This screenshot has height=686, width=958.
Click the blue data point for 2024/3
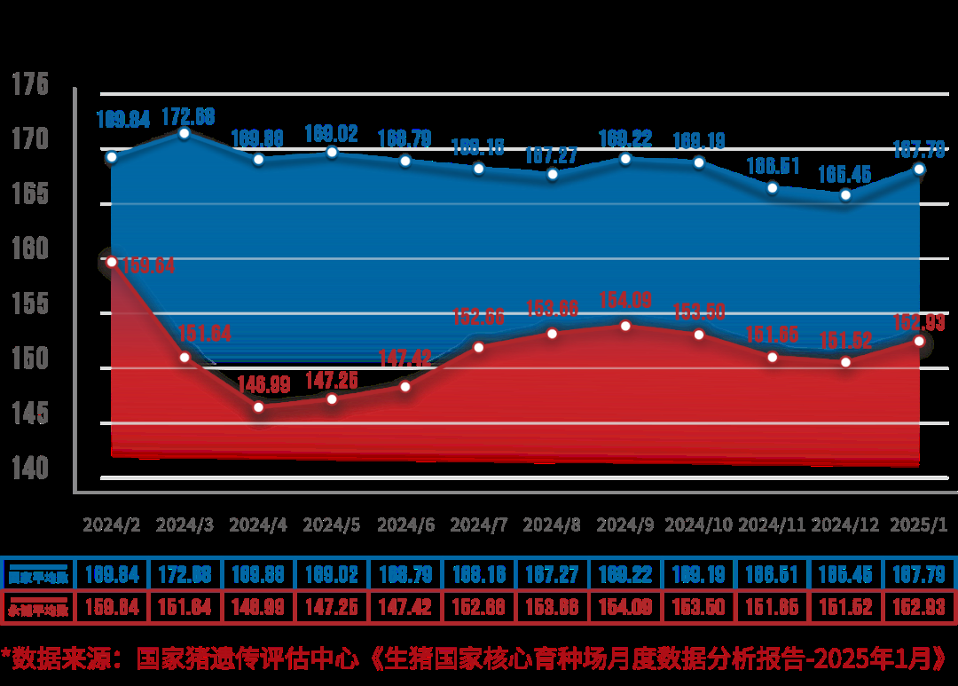point(185,133)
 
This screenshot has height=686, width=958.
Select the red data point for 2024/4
point(258,407)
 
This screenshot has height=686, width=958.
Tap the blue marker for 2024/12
point(845,194)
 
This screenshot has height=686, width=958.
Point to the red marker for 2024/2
point(112,262)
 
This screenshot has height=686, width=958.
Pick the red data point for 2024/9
point(625,326)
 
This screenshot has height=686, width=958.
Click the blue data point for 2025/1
point(919,169)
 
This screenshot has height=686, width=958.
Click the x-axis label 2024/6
point(405,524)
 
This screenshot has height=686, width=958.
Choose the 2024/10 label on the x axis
point(699,524)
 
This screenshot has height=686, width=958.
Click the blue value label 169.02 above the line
point(332,134)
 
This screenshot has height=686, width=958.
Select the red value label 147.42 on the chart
point(404,359)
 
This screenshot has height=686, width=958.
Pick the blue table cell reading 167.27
point(552,574)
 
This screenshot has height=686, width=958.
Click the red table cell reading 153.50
point(699,608)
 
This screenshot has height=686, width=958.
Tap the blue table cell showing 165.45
point(845,574)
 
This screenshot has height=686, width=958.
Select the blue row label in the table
point(38,575)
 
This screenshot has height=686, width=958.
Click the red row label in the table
point(38,609)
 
